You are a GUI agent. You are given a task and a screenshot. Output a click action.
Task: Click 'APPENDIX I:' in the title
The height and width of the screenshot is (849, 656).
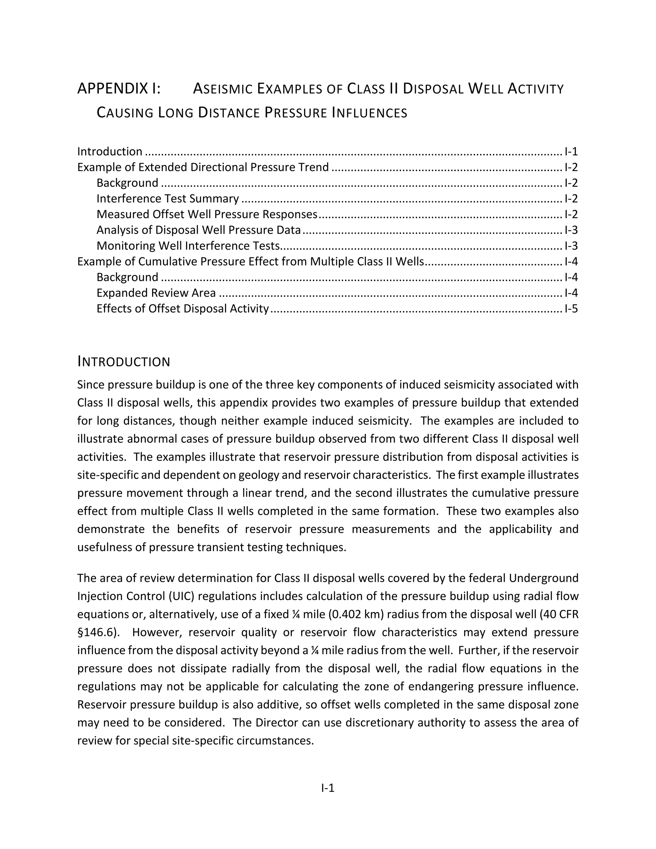coord(119,89)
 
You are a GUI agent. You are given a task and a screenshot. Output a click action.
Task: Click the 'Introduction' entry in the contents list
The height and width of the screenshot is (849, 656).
coord(110,152)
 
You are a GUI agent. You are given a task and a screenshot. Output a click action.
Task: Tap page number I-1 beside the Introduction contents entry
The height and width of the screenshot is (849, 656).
coord(571,152)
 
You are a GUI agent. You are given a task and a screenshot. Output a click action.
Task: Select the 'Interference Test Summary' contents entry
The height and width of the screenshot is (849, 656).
coord(168,199)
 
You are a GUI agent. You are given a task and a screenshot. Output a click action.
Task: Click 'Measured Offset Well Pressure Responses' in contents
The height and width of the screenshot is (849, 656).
coord(207,215)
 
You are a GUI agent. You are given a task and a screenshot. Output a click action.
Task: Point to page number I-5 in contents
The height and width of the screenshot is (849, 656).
coord(571,309)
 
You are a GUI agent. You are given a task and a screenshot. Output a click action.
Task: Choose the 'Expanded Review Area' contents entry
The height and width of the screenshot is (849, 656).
coord(156,293)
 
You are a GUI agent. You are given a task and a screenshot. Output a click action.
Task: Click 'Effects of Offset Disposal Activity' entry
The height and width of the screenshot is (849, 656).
coord(183,309)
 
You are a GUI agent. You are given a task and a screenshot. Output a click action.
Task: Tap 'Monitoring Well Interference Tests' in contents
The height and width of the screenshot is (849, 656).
coord(188,246)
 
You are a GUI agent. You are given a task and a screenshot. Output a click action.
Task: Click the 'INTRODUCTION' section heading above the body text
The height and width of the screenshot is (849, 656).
coord(124,362)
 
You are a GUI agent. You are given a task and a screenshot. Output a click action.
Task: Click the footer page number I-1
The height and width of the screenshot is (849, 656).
coord(328,788)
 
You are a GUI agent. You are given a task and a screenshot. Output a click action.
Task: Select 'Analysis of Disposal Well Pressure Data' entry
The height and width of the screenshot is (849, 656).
coord(198,230)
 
